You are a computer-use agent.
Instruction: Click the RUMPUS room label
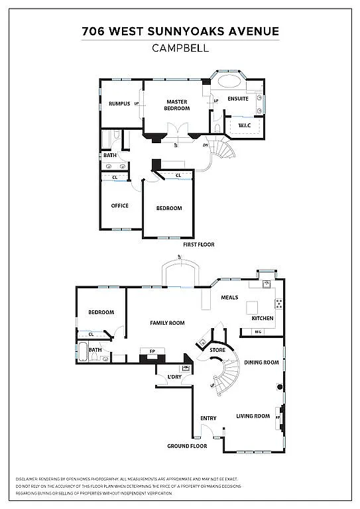point(119,103)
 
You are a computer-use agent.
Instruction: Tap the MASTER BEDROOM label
point(176,105)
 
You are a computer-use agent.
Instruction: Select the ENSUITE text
point(237,99)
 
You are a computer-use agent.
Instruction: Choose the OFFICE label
point(119,205)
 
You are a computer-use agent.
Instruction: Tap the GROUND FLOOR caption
point(187,446)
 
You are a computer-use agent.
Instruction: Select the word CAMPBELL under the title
point(180,48)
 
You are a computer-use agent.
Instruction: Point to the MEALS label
point(229,298)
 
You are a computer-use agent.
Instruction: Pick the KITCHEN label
point(262,318)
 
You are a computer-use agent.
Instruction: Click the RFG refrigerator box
point(259,331)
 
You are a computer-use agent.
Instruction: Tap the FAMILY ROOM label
point(167,323)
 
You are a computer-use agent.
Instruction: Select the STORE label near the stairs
point(217,349)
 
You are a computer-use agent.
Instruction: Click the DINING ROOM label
point(261,363)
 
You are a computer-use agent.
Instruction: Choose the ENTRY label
point(208,418)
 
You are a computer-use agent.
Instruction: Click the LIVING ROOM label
point(253,416)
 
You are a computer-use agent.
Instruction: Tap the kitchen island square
point(253,308)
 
